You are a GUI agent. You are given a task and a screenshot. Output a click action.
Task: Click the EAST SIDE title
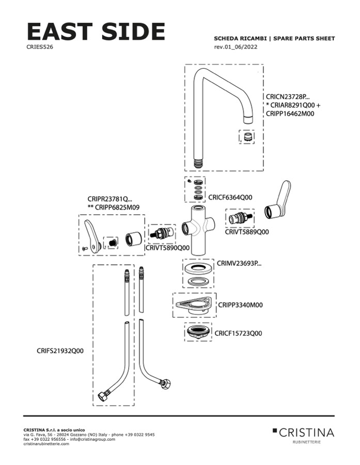[96, 31]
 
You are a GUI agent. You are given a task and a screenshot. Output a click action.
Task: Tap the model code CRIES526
[40, 47]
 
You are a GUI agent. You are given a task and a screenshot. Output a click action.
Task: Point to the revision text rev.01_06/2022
[236, 47]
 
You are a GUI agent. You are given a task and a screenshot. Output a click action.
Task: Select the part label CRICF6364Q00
[230, 197]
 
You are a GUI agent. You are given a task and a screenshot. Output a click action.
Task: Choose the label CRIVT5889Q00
[246, 232]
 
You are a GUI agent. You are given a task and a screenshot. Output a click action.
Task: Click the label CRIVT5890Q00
[167, 248]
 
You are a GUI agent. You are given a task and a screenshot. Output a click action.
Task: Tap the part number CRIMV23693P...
[239, 263]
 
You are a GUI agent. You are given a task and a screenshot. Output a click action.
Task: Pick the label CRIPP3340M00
[240, 305]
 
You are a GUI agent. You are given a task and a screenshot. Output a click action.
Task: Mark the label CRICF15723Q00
[238, 333]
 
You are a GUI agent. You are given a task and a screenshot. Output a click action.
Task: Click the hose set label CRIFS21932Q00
[60, 351]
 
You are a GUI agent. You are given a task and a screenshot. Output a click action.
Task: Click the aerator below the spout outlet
[247, 137]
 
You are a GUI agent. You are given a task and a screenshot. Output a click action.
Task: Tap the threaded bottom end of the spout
[198, 163]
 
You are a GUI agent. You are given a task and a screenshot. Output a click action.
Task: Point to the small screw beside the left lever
[85, 249]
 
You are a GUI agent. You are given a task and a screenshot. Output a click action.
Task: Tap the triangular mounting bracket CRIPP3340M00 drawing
[194, 305]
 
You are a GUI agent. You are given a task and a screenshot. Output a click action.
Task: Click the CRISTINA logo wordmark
[306, 432]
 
